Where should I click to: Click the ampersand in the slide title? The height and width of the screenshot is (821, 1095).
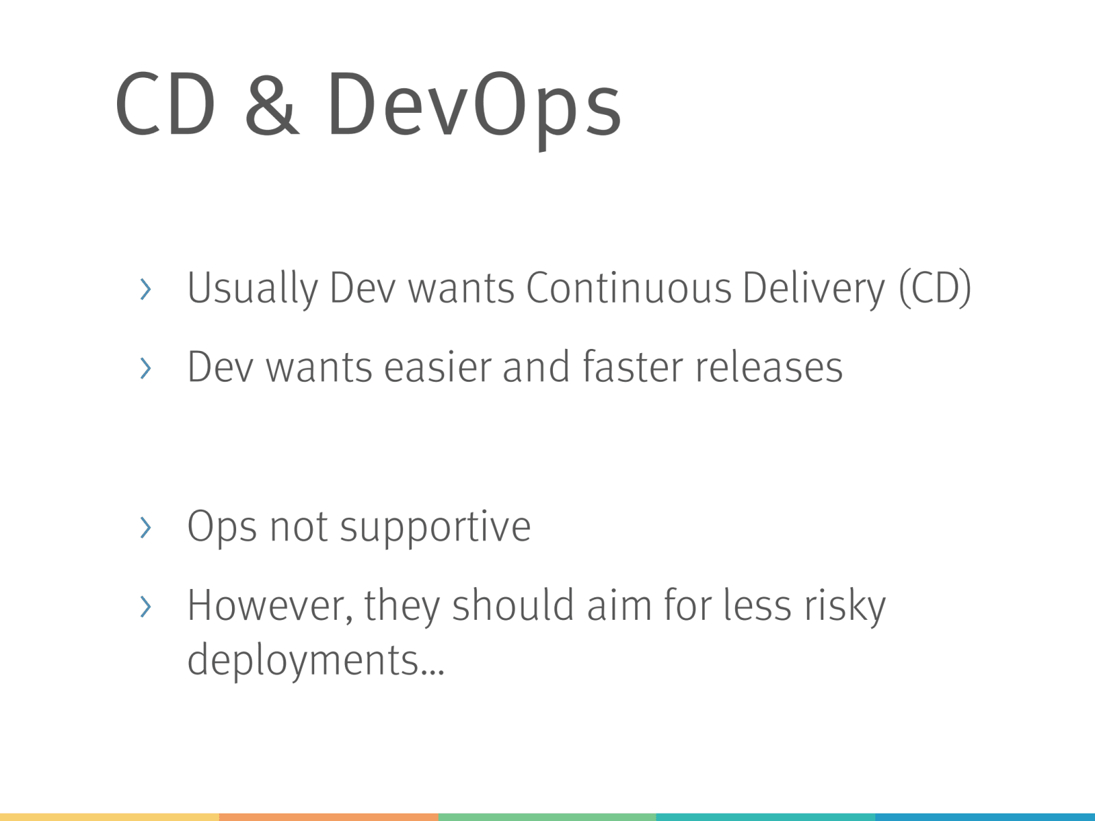pos(272,104)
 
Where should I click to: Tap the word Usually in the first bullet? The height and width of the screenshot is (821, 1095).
pos(253,289)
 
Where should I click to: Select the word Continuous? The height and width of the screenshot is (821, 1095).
pos(628,287)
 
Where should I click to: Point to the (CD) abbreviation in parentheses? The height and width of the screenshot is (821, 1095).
pos(935,288)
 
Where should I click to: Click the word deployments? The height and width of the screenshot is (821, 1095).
pos(315,661)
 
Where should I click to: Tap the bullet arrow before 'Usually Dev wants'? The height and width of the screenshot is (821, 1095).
pos(146,289)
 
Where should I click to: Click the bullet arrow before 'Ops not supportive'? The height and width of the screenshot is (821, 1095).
pos(146,527)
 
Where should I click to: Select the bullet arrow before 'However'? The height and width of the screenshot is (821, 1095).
pos(146,607)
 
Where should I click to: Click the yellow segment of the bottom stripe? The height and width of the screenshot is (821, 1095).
pos(109,817)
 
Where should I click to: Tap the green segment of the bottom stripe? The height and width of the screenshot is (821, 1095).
pos(547,817)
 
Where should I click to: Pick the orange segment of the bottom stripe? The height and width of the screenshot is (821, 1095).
pos(328,817)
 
